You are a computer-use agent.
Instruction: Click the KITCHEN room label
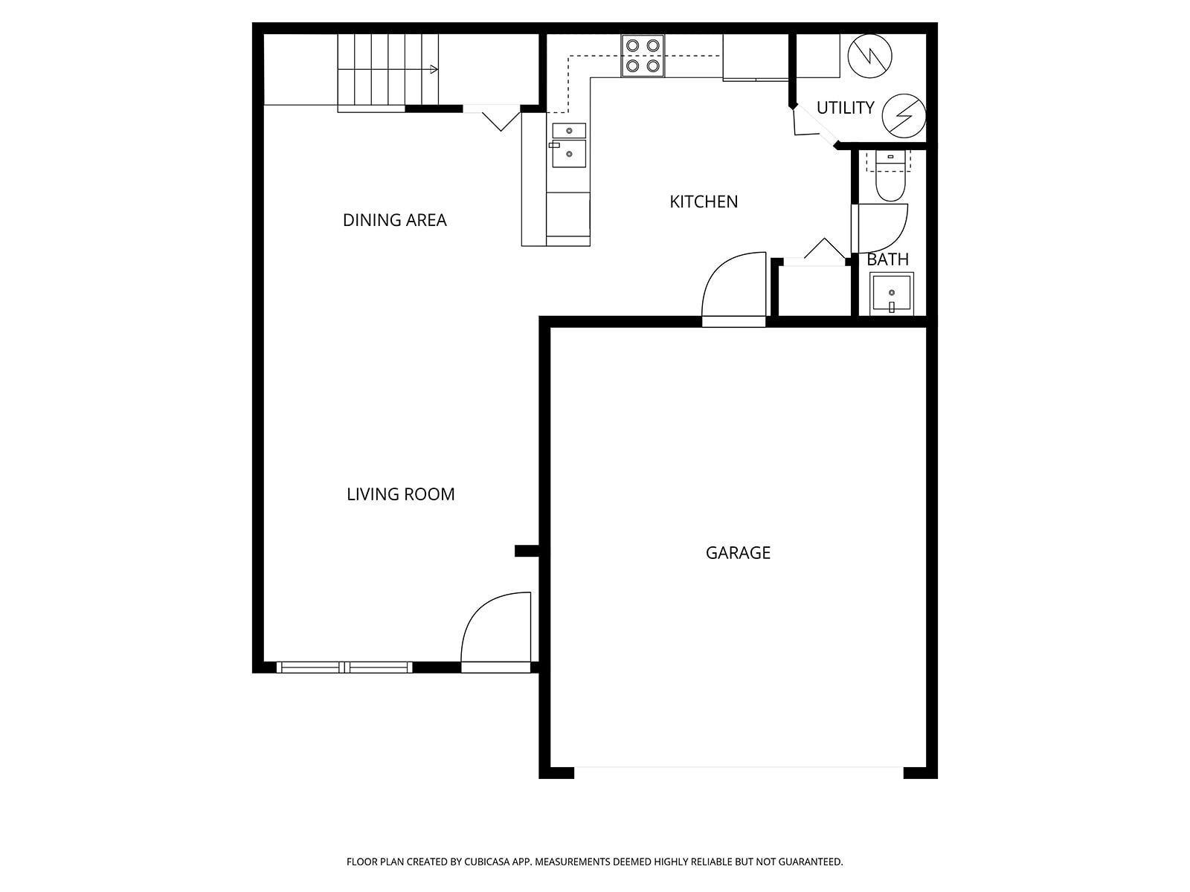pos(704,201)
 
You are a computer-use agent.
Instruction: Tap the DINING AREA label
pos(394,220)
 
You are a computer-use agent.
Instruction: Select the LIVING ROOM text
pos(400,494)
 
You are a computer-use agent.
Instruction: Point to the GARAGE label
pos(738,552)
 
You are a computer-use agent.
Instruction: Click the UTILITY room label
pos(845,108)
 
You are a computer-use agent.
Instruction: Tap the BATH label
pos(887,259)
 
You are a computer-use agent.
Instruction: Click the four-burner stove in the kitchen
pos(643,56)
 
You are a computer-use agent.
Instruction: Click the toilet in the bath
pos(890,178)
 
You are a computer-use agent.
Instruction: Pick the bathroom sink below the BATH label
pos(892,294)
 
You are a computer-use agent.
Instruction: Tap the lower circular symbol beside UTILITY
pos(904,116)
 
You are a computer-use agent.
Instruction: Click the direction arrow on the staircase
pos(433,70)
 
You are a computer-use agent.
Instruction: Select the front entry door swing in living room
pos(495,628)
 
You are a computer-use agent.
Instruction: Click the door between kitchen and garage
pos(733,288)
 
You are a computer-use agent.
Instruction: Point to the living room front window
pos(344,667)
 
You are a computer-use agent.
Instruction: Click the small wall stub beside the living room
pos(527,551)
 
